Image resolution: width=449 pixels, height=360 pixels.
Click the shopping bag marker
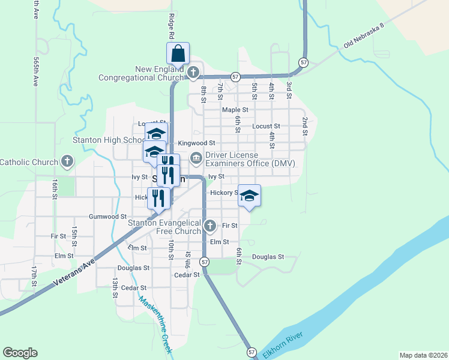click(178, 54)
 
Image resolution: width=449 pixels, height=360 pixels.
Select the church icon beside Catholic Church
click(67, 161)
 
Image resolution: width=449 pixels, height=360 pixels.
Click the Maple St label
click(235, 110)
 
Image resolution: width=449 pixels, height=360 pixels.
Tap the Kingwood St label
click(197, 143)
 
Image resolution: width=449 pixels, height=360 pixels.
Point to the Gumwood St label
click(107, 216)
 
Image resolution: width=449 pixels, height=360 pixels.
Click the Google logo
click(20, 353)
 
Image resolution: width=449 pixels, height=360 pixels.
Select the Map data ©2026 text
click(423, 355)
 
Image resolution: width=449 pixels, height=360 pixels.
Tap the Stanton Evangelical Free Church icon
click(209, 226)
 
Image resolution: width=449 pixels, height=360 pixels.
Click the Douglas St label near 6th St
click(268, 257)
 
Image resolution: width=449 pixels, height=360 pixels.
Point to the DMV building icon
click(196, 159)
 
